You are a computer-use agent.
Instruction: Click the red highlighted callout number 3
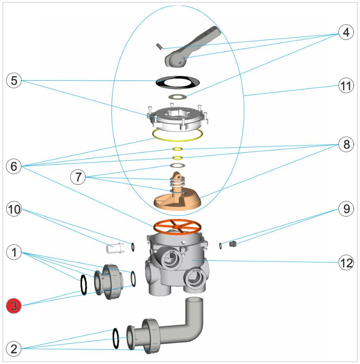click(x=14, y=306)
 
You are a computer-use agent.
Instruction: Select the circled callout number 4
click(x=346, y=33)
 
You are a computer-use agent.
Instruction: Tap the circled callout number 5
click(x=14, y=81)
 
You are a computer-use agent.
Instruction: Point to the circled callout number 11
click(x=346, y=87)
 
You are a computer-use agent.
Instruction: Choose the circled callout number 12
click(x=346, y=262)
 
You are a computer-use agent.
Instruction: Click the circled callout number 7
click(x=78, y=177)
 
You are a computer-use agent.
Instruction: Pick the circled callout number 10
click(x=14, y=209)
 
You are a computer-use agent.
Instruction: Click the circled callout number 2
click(x=14, y=349)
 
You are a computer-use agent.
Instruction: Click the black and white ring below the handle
click(x=177, y=82)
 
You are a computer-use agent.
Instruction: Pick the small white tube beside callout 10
click(x=116, y=248)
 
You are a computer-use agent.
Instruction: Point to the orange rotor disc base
click(x=178, y=200)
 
